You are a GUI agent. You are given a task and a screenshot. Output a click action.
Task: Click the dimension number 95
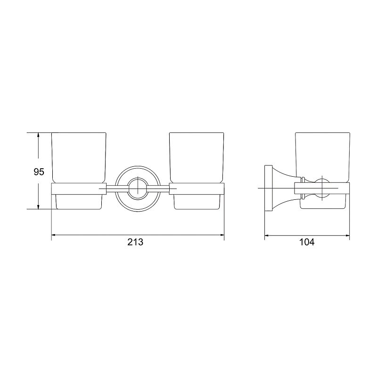(39, 172)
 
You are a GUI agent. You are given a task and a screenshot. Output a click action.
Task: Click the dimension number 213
(135, 242)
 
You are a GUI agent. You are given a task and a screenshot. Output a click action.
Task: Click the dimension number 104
(307, 242)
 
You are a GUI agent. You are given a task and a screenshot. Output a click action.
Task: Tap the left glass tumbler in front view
(79, 171)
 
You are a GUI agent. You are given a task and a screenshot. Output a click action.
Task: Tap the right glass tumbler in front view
(197, 171)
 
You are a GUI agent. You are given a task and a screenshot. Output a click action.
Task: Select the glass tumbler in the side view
(323, 171)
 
